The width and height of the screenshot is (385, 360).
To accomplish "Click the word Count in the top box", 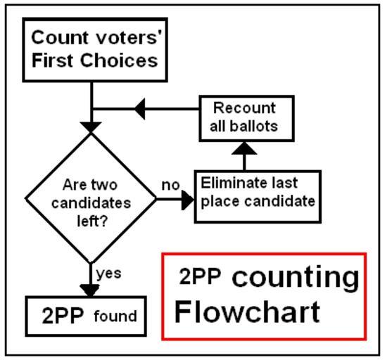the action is pyautogui.click(x=60, y=37).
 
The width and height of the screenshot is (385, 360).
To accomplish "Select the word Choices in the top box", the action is pyautogui.click(x=119, y=60).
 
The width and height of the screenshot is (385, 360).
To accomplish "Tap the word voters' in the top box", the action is pyautogui.click(x=129, y=37).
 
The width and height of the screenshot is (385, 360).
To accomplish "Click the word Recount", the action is pyautogui.click(x=244, y=108).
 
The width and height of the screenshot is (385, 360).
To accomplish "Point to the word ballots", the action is pyautogui.click(x=254, y=127).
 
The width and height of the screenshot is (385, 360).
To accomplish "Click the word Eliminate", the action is pyautogui.click(x=229, y=183).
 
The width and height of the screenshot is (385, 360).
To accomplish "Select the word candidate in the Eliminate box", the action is pyautogui.click(x=280, y=201).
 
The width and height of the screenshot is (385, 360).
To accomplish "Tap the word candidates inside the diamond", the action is pyautogui.click(x=91, y=203).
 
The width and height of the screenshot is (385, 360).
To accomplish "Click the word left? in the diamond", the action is pyautogui.click(x=92, y=221).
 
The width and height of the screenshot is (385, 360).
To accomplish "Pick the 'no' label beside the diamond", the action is pyautogui.click(x=170, y=185).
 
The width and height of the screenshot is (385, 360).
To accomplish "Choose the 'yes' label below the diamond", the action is pyautogui.click(x=109, y=274).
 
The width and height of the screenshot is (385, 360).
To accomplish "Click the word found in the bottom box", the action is pyautogui.click(x=115, y=316).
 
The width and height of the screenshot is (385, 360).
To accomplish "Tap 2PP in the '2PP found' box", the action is pyautogui.click(x=63, y=316).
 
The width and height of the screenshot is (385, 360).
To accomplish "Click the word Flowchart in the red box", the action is pyautogui.click(x=247, y=312).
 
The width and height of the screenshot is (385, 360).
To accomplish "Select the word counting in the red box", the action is pyautogui.click(x=296, y=278).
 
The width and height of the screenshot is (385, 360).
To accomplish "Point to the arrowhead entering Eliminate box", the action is pyautogui.click(x=188, y=199).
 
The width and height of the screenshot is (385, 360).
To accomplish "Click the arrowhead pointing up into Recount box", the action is pyautogui.click(x=244, y=148).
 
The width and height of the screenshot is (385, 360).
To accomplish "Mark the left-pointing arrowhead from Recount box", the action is pyautogui.click(x=140, y=109).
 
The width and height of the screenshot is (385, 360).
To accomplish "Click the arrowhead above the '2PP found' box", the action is pyautogui.click(x=90, y=291).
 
